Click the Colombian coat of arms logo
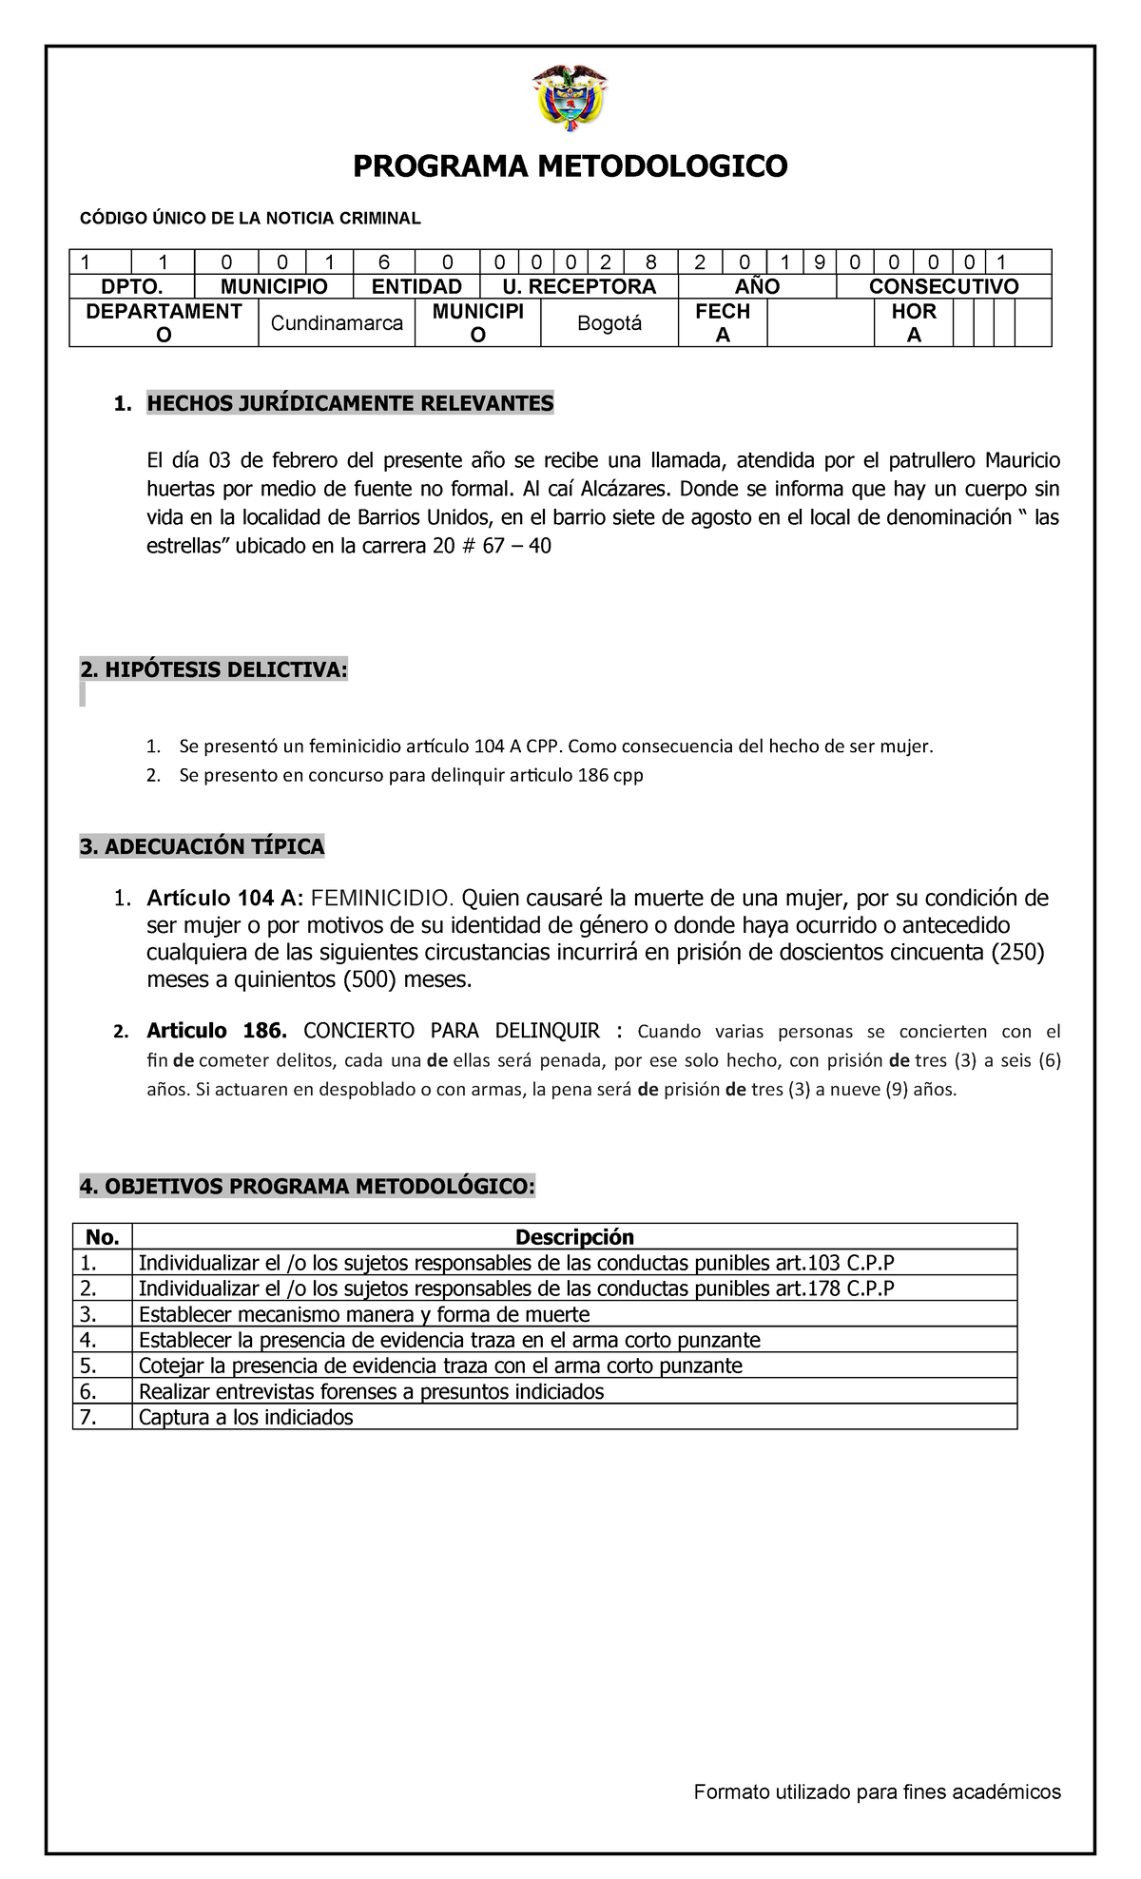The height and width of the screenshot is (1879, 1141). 570,97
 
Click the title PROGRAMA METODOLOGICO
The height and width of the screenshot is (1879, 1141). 570,166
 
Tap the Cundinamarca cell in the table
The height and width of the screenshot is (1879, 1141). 337,323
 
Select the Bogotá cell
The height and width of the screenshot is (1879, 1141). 609,323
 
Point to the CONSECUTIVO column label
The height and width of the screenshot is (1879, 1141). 943,286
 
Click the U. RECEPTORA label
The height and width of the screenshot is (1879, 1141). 579,286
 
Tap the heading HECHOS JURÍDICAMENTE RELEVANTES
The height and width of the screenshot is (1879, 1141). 349,404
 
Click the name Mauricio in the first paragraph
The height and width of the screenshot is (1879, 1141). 1022,461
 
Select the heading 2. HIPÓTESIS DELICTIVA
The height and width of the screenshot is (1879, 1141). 214,670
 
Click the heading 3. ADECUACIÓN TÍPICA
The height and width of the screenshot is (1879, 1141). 202,846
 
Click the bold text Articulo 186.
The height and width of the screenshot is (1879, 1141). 216,1031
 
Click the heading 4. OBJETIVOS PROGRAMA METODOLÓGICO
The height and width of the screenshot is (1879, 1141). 307,1187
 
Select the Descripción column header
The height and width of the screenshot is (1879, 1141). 574,1237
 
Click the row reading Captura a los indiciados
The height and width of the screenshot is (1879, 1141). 245,1418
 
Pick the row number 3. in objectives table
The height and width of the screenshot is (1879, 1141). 89,1315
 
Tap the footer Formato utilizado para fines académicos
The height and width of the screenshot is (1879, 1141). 877,1792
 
